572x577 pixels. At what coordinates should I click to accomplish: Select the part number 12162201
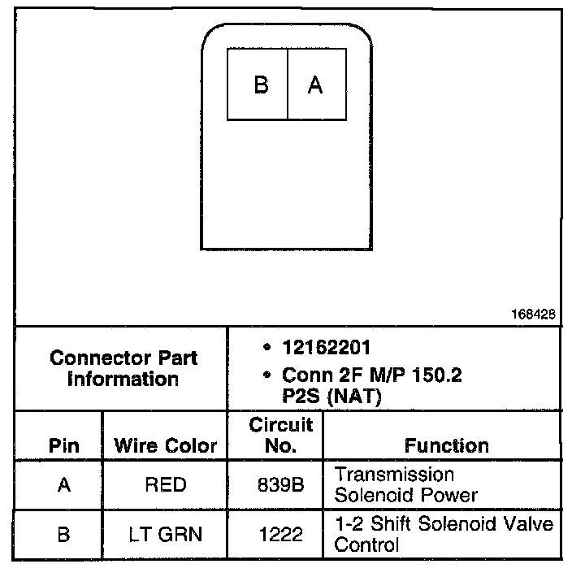326,347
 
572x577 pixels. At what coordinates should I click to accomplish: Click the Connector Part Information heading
123,368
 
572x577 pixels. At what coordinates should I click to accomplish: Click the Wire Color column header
166,445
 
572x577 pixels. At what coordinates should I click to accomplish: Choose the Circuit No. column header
281,435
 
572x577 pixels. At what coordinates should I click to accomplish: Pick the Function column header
446,445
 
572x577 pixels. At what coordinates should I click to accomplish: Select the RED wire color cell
165,485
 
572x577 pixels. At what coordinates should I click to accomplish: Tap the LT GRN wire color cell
165,534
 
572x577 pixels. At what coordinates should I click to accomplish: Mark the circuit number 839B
281,485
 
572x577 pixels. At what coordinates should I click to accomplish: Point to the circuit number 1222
281,534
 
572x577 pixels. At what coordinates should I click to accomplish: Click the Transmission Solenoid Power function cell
405,484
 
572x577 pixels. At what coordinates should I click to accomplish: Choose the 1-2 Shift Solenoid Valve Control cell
443,534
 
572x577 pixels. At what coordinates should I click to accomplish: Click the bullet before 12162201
267,348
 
